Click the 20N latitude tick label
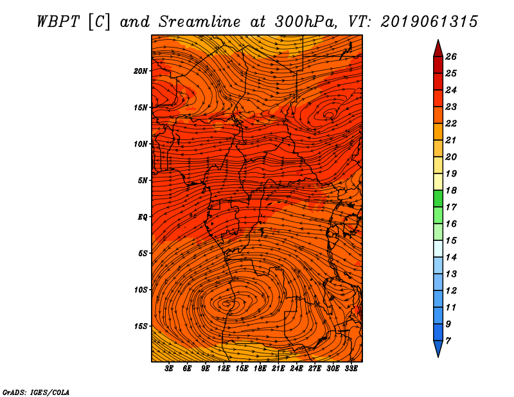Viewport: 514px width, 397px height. [x=140, y=71]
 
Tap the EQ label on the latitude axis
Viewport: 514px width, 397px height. [x=142, y=217]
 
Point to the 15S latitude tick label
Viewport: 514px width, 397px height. [x=141, y=326]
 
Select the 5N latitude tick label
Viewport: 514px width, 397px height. [x=143, y=181]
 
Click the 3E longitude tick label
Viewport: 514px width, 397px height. [x=169, y=369]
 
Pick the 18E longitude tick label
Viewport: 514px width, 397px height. [x=260, y=369]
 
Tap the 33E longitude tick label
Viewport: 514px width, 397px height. [x=351, y=369]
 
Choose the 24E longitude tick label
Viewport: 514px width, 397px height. [x=296, y=369]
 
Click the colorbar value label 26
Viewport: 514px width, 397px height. [x=451, y=57]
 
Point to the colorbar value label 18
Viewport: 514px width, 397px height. [x=451, y=190]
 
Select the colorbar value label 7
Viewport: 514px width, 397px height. [x=448, y=341]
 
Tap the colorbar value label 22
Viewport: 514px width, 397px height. [x=451, y=123]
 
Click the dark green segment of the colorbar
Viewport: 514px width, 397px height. [x=438, y=198]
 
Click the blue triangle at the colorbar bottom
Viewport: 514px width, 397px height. [x=438, y=348]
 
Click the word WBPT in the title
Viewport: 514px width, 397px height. [x=58, y=22]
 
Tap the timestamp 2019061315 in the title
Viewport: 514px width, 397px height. [x=429, y=22]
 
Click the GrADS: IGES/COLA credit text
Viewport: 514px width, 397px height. [x=36, y=393]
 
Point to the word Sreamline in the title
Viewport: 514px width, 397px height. [x=200, y=22]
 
